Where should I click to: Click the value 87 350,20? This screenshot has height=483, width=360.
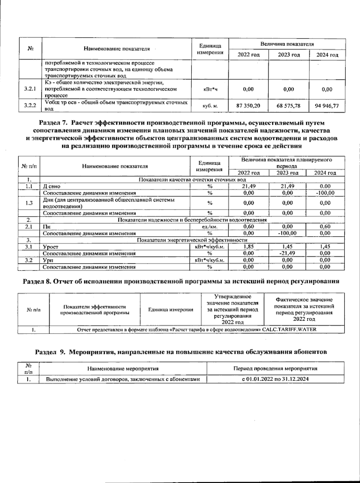248,106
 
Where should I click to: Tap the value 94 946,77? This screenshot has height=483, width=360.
327,106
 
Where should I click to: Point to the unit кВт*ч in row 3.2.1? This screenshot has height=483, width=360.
210,89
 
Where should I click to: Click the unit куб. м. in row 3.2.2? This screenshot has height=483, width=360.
210,106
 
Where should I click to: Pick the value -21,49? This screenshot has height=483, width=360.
287,253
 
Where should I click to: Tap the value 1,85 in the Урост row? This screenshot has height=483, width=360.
248,247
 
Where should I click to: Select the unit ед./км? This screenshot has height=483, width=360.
210,227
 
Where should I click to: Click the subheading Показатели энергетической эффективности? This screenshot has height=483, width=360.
192,240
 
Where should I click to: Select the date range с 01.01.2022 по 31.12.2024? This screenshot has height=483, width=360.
275,379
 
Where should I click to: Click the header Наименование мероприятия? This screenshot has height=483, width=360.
123,368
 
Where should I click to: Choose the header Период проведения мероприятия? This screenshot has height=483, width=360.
275,368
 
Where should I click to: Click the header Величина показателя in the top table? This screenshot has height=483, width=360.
287,44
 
